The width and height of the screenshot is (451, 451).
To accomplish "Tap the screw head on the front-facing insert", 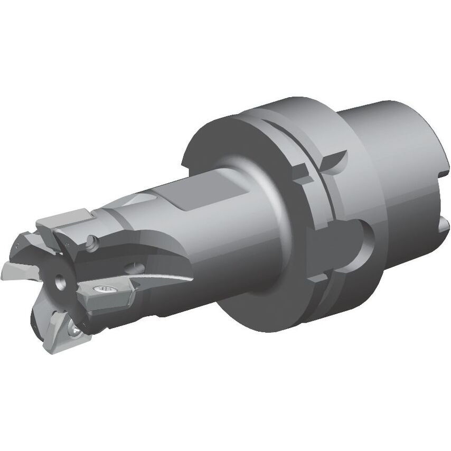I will click(x=104, y=288).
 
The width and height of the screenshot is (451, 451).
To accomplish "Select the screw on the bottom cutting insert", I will click(x=77, y=330).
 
